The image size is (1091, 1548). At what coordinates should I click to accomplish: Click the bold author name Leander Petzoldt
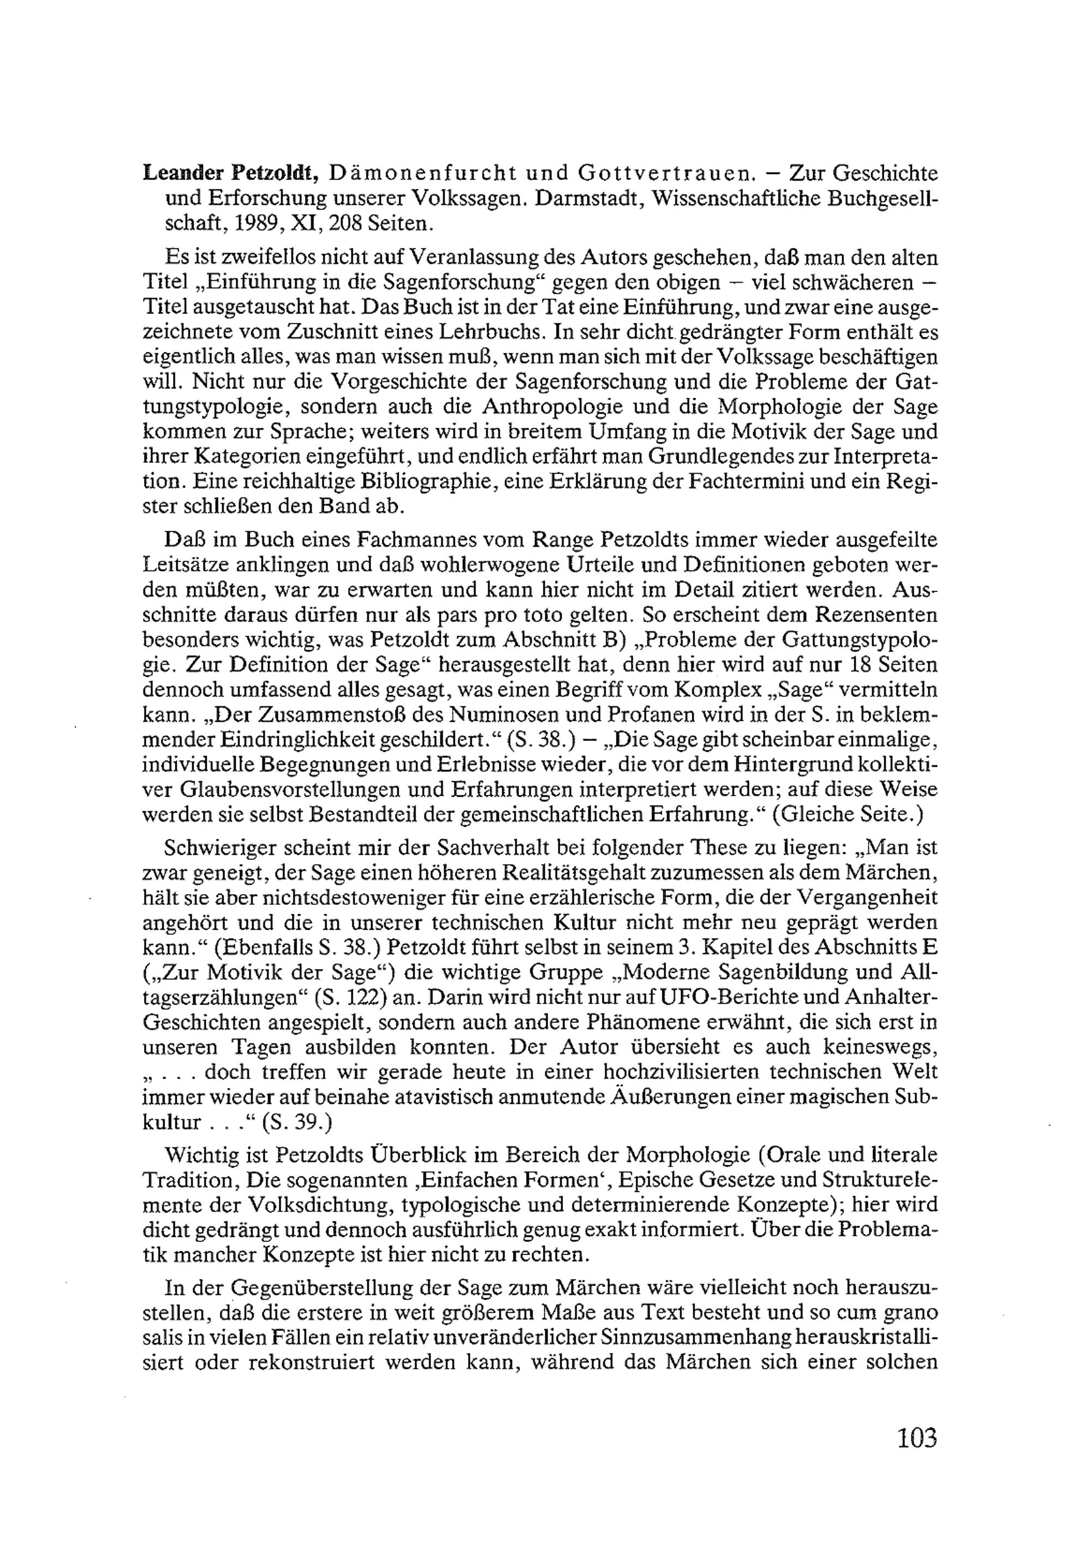(230, 174)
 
